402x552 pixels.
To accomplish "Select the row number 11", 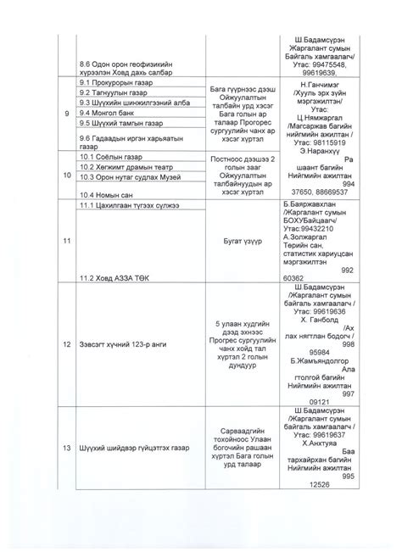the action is (57, 242).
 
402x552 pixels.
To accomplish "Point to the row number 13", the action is (57, 449).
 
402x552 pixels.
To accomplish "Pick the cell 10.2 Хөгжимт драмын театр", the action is (119, 167).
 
